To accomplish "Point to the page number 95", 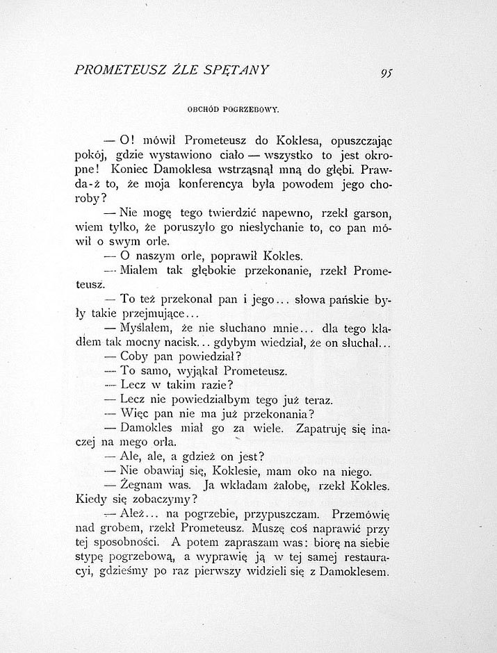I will click(x=387, y=74).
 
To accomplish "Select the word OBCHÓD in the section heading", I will click(x=202, y=109).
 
